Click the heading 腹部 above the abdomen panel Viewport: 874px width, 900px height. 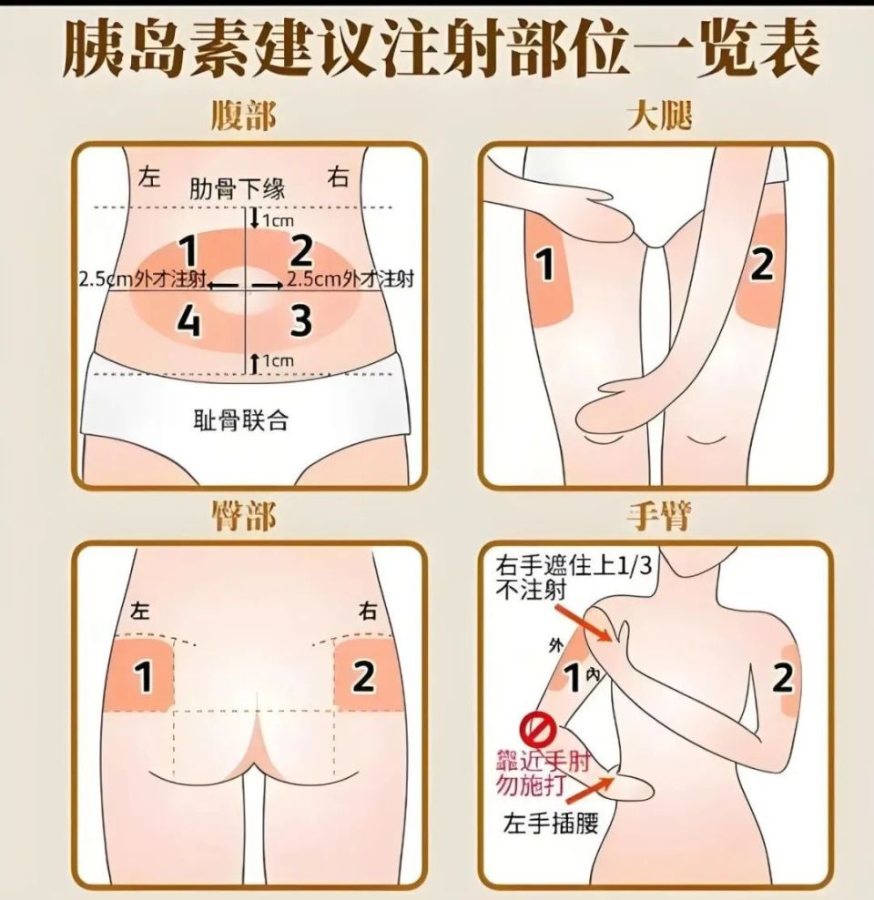point(243,116)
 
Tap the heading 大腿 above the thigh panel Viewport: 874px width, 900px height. point(659,116)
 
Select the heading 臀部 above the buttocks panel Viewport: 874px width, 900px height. point(243,516)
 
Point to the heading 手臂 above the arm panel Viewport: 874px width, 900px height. point(659,516)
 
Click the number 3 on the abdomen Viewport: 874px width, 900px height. point(300,322)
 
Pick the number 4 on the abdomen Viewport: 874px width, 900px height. point(188,322)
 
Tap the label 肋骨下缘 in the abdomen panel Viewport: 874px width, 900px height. point(238,188)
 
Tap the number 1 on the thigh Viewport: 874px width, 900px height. point(544,266)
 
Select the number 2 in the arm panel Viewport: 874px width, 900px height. point(782,679)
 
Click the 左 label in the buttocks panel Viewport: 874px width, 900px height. point(140,610)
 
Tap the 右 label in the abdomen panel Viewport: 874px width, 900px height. point(340,177)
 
